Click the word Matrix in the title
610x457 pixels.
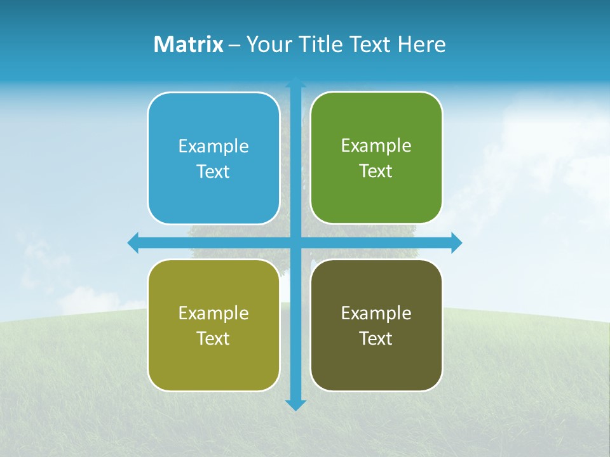click(x=188, y=44)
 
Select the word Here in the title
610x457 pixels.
click(x=421, y=44)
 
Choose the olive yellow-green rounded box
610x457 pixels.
click(x=213, y=362)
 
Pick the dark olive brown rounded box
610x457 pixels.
click(x=376, y=362)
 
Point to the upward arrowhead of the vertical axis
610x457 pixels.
click(x=295, y=83)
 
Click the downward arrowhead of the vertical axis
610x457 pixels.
click(x=295, y=404)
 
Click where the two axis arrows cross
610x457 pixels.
click(x=295, y=242)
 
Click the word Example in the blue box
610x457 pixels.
click(x=213, y=147)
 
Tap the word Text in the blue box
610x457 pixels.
click(x=213, y=172)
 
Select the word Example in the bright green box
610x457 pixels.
click(x=376, y=146)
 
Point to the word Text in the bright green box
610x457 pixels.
click(x=376, y=171)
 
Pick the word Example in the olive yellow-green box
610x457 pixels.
click(x=213, y=314)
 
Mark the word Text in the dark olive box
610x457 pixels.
click(x=376, y=339)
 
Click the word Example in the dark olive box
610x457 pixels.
click(x=376, y=314)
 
